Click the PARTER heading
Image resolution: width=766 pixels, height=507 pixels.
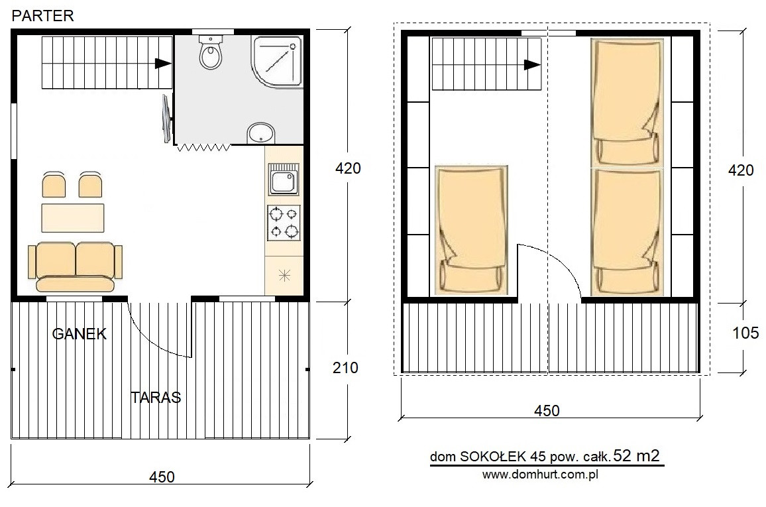tap(42, 16)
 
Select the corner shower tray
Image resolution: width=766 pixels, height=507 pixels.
tap(276, 60)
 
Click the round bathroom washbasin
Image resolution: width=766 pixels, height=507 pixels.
tap(261, 133)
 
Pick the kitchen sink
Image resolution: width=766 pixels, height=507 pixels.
tap(284, 179)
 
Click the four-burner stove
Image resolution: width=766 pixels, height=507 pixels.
tap(284, 223)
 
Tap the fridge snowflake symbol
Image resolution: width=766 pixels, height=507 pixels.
tap(284, 276)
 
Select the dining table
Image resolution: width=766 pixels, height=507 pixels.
tap(73, 218)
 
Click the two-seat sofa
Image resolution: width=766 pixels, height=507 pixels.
tap(76, 268)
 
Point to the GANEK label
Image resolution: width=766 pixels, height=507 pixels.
tap(79, 333)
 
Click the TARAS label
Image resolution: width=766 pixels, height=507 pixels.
tap(156, 397)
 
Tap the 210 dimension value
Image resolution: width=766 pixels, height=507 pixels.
tap(345, 367)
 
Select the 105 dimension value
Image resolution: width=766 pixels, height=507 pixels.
tap(745, 333)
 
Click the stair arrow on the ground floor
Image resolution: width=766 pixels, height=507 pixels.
tap(163, 63)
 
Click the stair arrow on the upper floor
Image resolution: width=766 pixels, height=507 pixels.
tap(532, 64)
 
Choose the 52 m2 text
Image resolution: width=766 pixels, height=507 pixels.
tap(637, 455)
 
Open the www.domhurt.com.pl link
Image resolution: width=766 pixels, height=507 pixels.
tap(540, 475)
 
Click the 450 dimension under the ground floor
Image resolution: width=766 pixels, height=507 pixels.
tap(162, 477)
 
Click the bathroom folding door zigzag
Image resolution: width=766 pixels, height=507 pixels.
tap(204, 147)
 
